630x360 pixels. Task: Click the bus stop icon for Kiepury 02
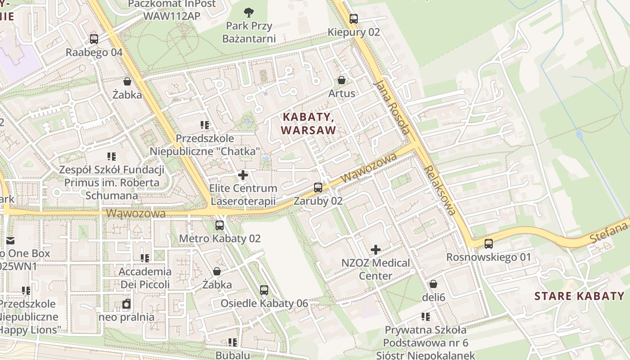coord(354,19)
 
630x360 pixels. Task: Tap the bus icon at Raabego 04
coord(94,39)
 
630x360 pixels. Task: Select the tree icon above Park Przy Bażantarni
coord(248,12)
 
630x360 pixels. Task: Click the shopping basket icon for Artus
coord(342,80)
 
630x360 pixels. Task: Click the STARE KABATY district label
coord(580,296)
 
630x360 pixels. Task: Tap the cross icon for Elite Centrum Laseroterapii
coord(243,175)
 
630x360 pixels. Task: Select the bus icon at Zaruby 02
coord(318,188)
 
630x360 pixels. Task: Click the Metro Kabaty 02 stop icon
coord(220,225)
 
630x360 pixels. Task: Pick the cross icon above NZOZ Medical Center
coord(375,249)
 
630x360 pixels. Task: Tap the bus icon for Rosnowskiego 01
coord(489,244)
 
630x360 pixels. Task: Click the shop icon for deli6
coord(433,284)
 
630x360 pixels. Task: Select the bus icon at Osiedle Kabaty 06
coord(264,290)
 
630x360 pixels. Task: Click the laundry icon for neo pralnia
coord(126,304)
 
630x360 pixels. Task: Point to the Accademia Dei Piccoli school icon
coord(145,258)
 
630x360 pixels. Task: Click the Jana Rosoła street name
coord(392,107)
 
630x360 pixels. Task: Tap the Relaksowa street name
coord(441,190)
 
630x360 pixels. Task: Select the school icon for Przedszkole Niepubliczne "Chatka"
coord(205,125)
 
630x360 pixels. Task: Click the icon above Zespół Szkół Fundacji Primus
coord(112,157)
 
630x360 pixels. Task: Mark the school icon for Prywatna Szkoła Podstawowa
coord(426,316)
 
